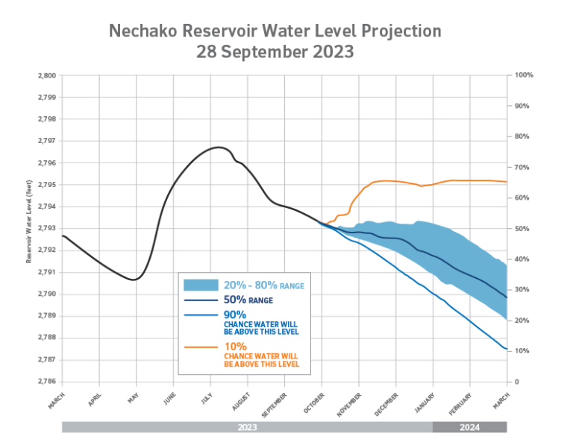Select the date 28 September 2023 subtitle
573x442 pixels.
[275, 53]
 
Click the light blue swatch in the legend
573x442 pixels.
[201, 285]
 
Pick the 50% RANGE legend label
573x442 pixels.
[246, 300]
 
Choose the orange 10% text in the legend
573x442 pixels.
[235, 346]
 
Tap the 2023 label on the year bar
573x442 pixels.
[247, 427]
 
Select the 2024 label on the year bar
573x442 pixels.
[470, 427]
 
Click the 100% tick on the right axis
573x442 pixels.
[522, 75]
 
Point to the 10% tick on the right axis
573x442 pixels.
[522, 350]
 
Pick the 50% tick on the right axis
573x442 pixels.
[522, 228]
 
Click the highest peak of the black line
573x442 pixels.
[216, 148]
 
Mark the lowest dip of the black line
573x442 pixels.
[134, 280]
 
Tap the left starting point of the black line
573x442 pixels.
[63, 235]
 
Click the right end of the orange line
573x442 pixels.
[507, 181]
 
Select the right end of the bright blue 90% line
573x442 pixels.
[507, 350]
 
